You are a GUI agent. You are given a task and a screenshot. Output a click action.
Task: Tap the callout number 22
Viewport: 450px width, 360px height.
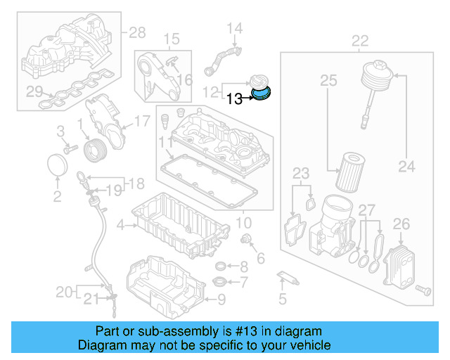[359, 41]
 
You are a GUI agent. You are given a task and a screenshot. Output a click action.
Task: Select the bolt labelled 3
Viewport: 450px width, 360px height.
[69, 148]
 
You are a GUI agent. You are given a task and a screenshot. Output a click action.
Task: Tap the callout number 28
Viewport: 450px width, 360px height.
[137, 32]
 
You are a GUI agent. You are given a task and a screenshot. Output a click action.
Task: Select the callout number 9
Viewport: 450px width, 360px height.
[221, 300]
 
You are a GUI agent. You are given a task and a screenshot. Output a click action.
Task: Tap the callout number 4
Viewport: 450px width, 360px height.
[120, 226]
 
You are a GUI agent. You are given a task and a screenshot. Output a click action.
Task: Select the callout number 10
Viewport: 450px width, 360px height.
[243, 223]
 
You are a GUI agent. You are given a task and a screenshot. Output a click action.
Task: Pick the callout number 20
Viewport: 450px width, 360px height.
[64, 290]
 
